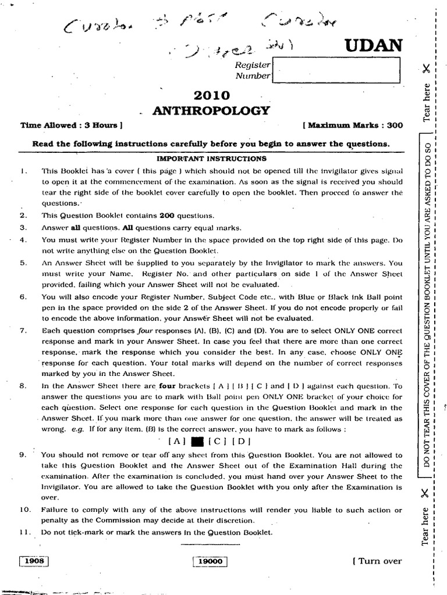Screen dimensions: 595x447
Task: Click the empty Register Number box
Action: click(336, 71)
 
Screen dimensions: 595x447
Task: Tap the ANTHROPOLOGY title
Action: click(211, 110)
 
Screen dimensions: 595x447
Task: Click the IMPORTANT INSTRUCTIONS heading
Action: click(212, 159)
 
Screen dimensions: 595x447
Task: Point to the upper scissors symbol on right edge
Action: click(427, 69)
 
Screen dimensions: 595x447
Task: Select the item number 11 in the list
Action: click(24, 532)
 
